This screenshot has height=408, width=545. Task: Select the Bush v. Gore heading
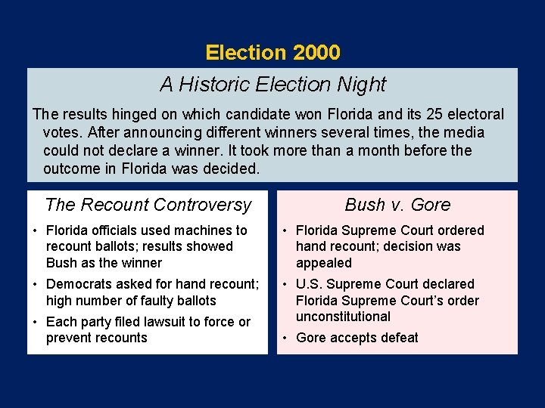tap(397, 205)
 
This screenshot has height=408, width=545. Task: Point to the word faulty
tap(151, 301)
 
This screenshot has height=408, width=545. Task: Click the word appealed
tap(324, 263)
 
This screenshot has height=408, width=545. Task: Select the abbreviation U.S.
tap(310, 284)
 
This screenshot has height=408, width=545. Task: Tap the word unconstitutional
tap(343, 317)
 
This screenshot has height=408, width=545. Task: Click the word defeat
tap(398, 338)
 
